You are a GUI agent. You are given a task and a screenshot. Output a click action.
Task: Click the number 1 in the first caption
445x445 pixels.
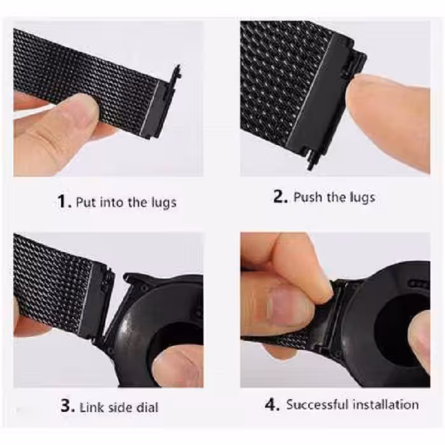62,202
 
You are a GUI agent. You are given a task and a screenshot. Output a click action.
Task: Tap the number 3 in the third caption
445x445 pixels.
67,406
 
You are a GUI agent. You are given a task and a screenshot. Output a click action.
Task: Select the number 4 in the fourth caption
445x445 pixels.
272,404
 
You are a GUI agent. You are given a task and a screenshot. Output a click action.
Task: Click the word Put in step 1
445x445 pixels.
85,203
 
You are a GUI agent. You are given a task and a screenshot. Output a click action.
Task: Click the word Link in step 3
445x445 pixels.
91,406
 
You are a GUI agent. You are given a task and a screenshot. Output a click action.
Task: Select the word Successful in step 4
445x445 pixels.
317,404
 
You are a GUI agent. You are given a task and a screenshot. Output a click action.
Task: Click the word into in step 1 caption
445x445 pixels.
114,203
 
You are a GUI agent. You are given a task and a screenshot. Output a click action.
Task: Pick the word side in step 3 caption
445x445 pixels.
120,406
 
